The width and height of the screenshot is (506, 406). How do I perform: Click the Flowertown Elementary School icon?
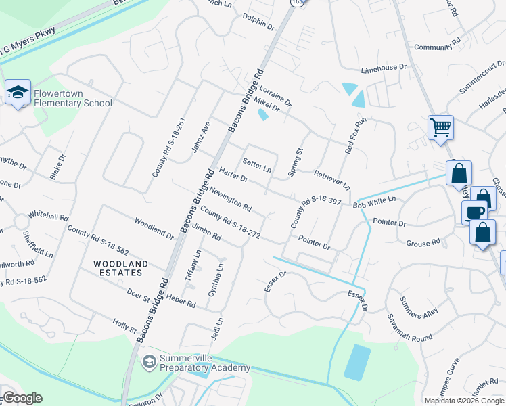(x=18, y=93)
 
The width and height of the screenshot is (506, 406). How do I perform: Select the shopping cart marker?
(x=440, y=127)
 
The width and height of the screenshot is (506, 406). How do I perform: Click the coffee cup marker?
(x=474, y=212)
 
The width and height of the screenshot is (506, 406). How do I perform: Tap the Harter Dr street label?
(x=233, y=175)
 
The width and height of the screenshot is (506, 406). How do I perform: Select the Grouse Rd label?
(x=423, y=242)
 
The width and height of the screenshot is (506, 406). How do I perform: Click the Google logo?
(x=22, y=398)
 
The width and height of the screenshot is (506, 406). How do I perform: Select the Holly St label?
(x=124, y=324)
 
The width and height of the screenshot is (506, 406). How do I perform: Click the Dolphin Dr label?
(x=258, y=26)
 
